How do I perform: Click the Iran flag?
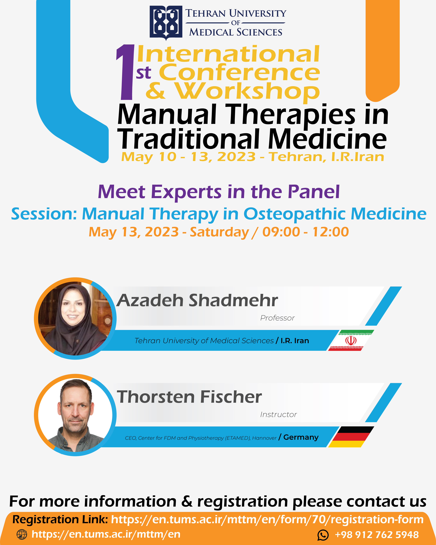coord(351,340)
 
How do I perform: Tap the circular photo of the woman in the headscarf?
coord(75,318)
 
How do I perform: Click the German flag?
coord(351,437)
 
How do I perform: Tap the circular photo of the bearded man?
coord(75,415)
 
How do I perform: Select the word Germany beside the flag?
coord(301,437)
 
